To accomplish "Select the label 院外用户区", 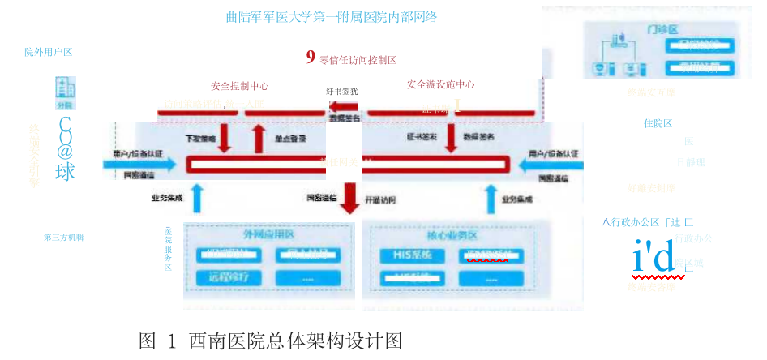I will pyautogui.click(x=48, y=52).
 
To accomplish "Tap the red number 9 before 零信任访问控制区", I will pyautogui.click(x=311, y=57).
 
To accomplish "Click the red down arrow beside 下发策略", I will pyautogui.click(x=225, y=139).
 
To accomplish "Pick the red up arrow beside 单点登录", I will pyautogui.click(x=259, y=139).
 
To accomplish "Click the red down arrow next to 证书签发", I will pyautogui.click(x=451, y=139).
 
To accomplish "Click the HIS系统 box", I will pyautogui.click(x=412, y=255).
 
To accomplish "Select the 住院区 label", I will pyautogui.click(x=658, y=123).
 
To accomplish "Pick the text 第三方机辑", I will pyautogui.click(x=64, y=238).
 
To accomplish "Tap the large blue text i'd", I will pyautogui.click(x=653, y=258).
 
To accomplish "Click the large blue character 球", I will pyautogui.click(x=65, y=172).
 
